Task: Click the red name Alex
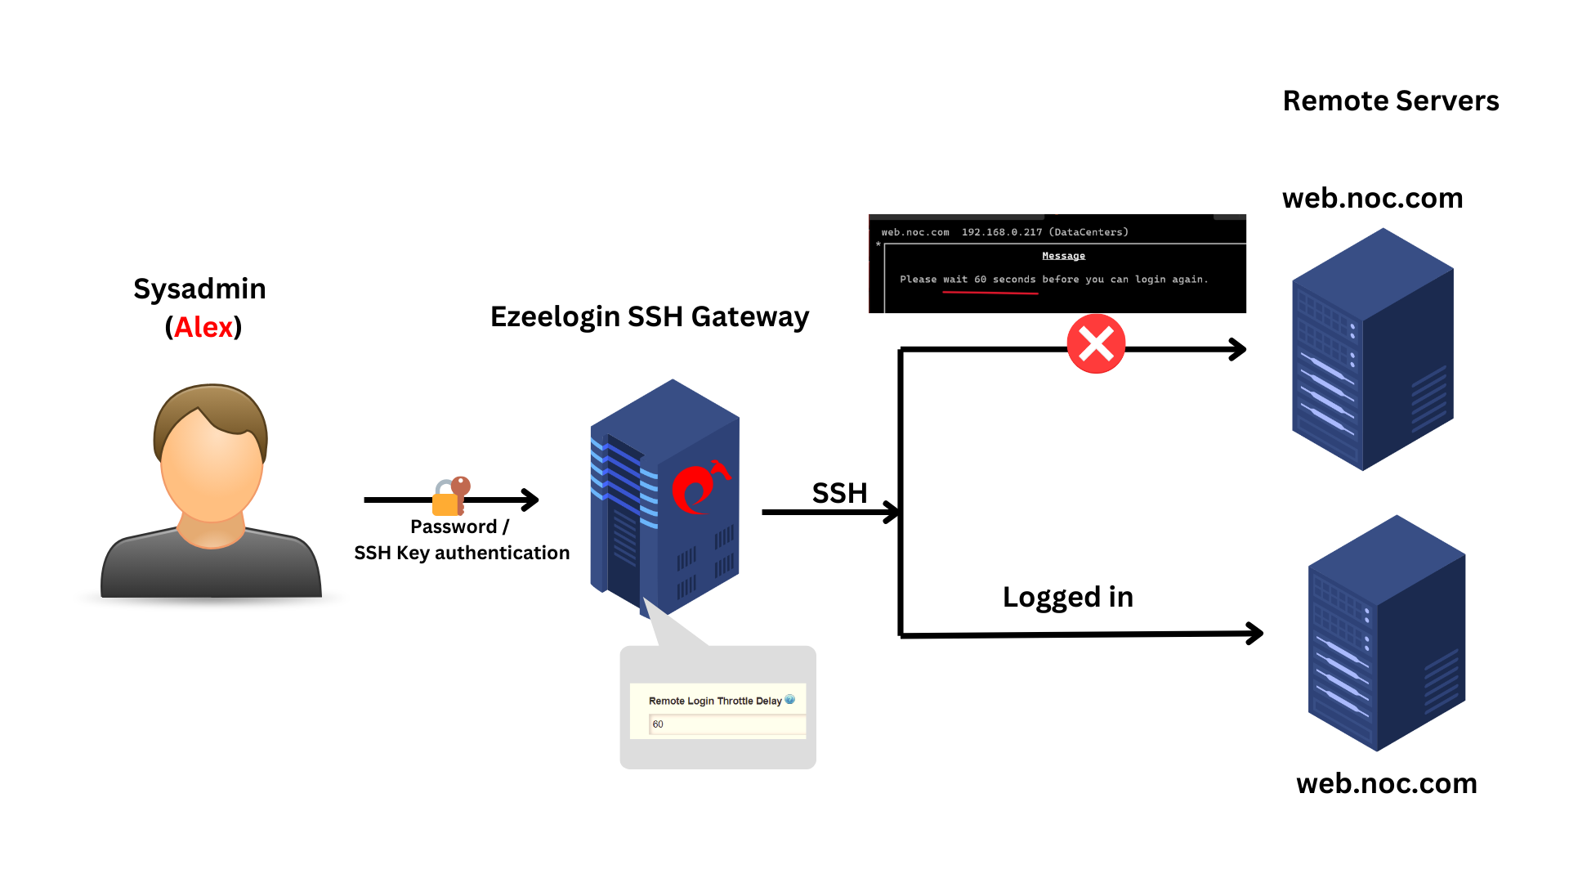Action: point(203,327)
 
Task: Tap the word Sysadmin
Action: point(199,289)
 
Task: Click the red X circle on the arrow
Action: point(1096,344)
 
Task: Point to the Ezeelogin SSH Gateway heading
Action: point(649,316)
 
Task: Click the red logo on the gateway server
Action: point(696,488)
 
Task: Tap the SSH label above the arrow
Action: point(839,493)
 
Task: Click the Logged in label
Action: point(1067,597)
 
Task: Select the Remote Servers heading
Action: point(1390,101)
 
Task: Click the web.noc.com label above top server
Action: point(1372,198)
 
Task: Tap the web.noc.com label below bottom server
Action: point(1386,783)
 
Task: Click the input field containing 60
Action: point(726,724)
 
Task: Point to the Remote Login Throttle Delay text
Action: point(714,701)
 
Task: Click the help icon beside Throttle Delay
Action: point(789,700)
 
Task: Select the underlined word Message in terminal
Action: point(1063,256)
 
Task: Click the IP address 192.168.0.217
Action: point(1001,232)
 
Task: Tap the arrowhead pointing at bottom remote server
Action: point(1254,633)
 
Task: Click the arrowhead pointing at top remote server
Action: point(1238,350)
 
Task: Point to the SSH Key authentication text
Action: point(462,554)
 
